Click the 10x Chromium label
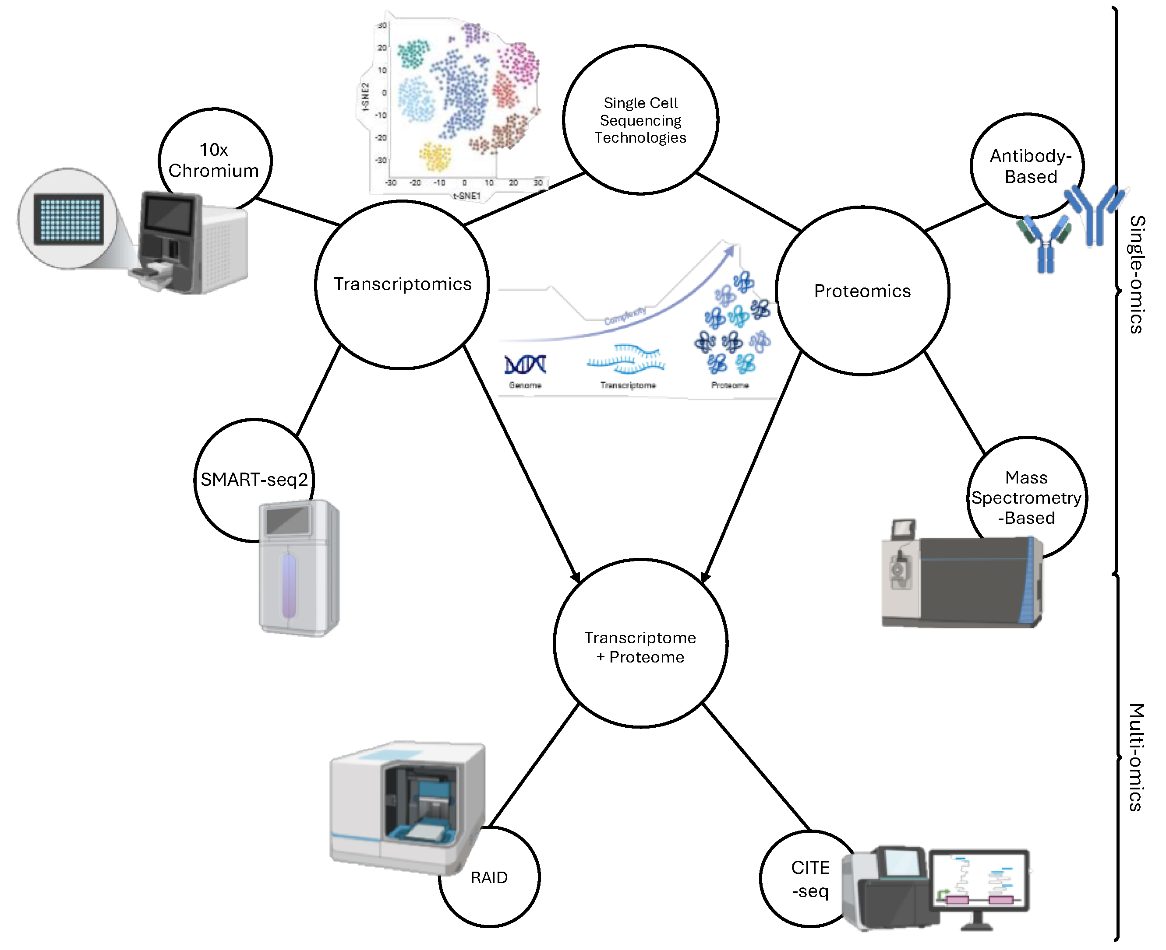[214, 160]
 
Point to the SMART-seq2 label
[254, 480]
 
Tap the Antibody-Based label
[1030, 166]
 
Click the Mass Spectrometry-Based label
[1026, 498]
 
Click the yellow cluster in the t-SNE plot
[435, 157]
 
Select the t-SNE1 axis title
[466, 195]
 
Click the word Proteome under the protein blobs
[729, 385]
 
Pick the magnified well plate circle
[67, 219]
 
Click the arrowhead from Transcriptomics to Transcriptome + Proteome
[576, 577]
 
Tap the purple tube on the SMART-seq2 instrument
[289, 585]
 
